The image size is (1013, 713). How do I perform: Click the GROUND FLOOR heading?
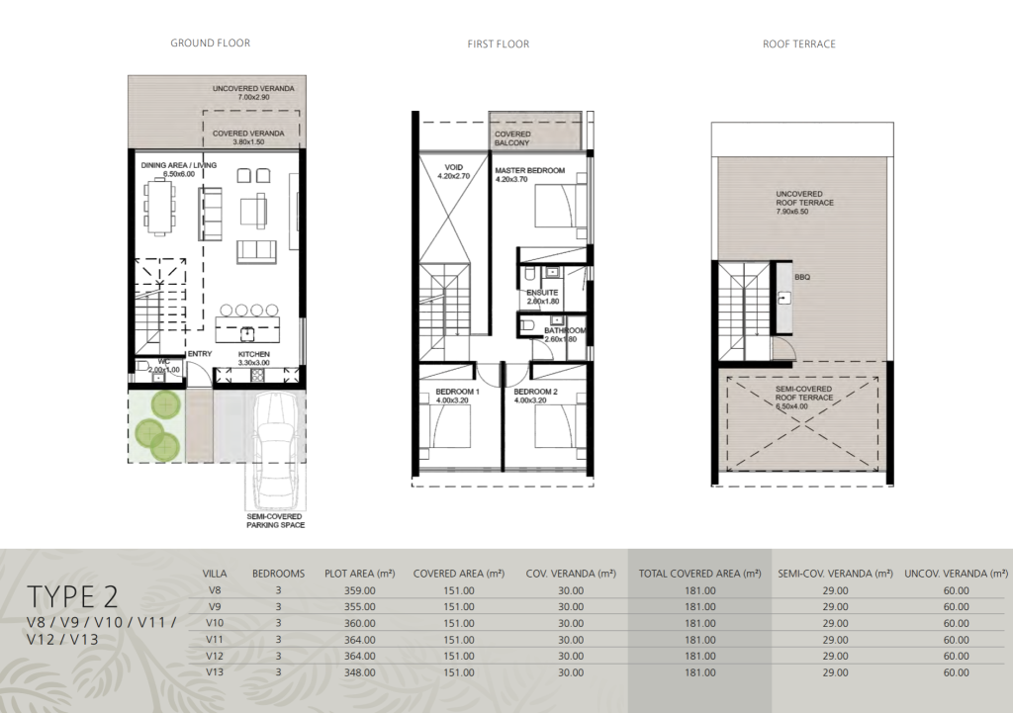point(210,44)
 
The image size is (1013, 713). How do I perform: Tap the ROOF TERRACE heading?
point(799,44)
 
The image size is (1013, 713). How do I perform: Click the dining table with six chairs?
point(159,207)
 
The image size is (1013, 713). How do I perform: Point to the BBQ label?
point(802,277)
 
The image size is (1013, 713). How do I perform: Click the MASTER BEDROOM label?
point(530,170)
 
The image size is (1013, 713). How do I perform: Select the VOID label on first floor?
point(454,167)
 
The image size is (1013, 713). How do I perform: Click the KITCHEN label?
point(254,354)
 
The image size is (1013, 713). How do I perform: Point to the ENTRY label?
point(200,354)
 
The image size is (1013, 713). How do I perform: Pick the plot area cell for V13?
point(359,672)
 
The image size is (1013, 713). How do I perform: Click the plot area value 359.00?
point(359,590)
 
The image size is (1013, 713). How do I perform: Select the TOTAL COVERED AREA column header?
point(699,574)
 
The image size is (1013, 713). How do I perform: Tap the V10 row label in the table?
point(215,623)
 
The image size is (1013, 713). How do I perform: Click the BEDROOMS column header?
point(278,574)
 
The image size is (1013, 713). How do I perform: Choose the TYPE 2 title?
point(72,596)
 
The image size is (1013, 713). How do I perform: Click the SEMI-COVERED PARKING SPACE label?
point(275,520)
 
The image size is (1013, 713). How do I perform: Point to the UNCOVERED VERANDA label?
point(253,88)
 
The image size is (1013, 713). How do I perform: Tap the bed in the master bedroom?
point(561,204)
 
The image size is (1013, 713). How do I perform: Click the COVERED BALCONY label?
point(512,138)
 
